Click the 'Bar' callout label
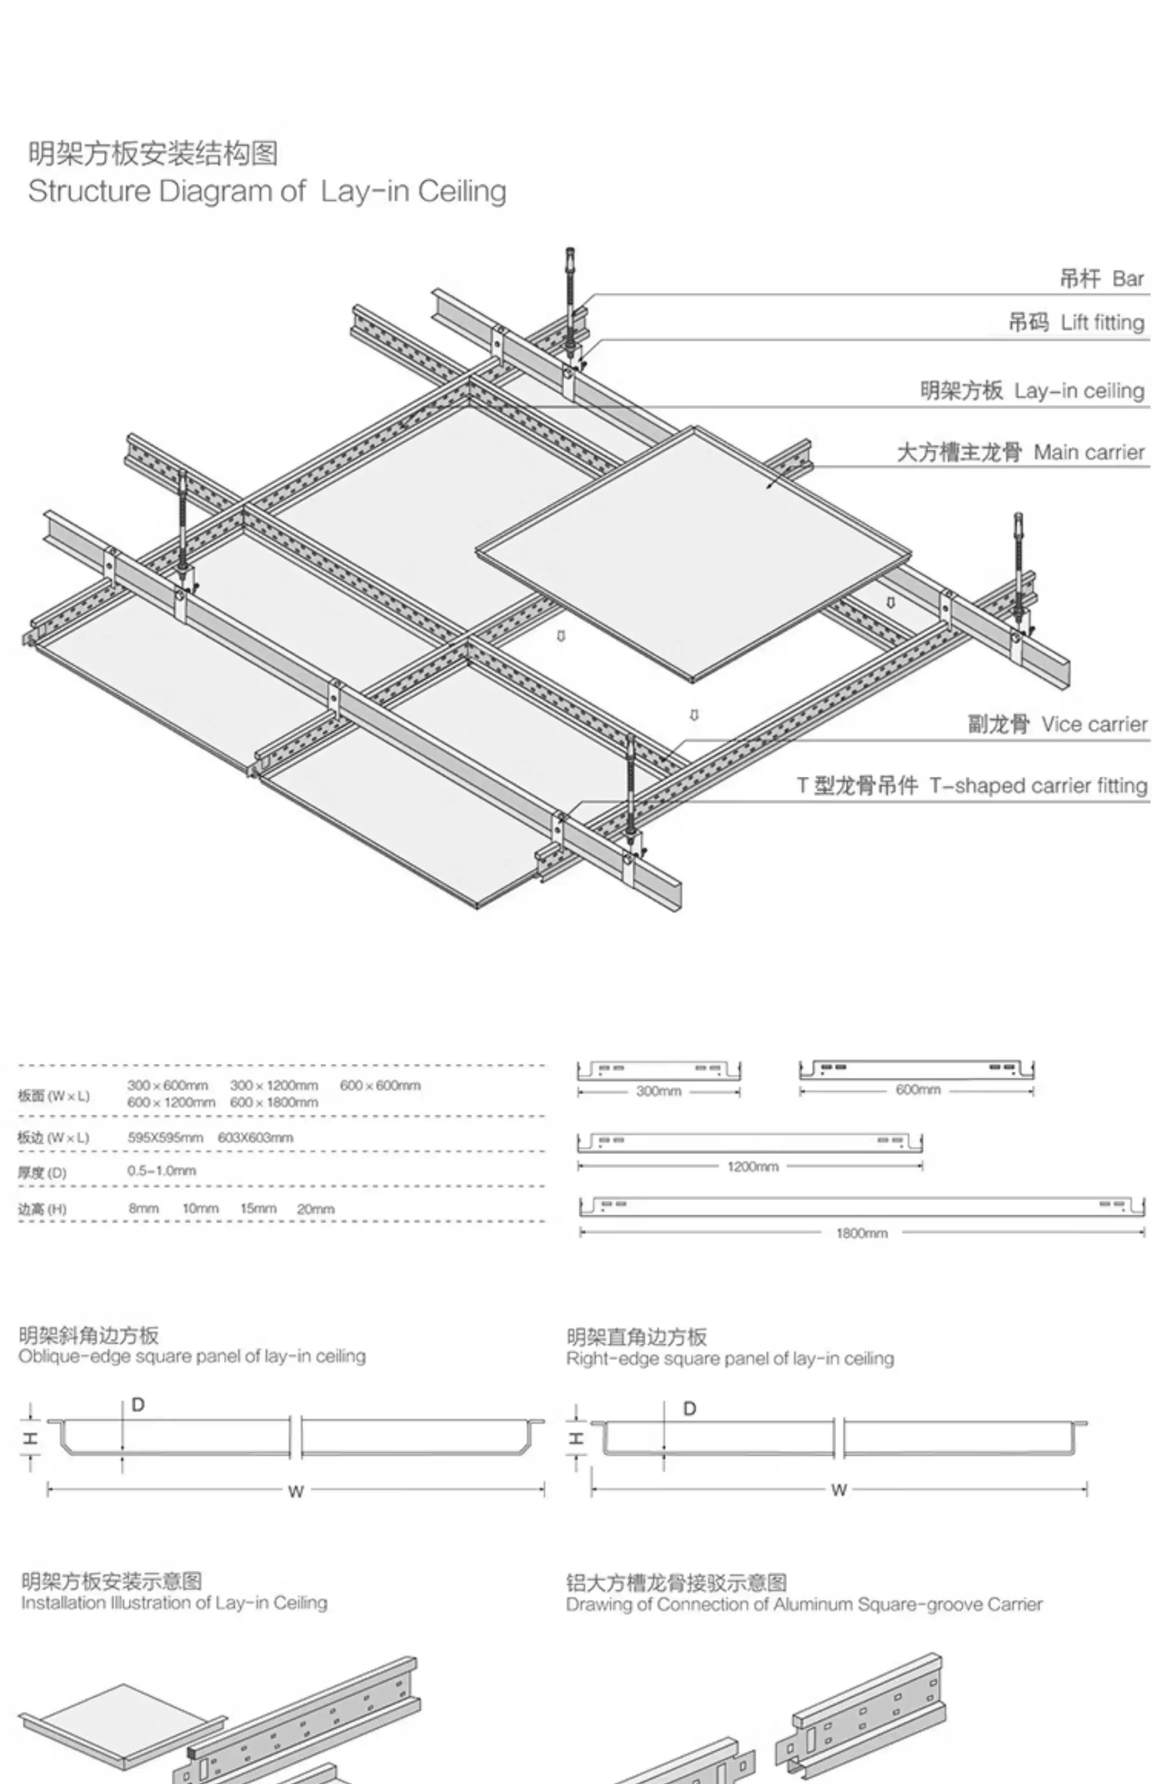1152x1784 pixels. pyautogui.click(x=1127, y=279)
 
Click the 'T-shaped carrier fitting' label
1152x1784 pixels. pyautogui.click(x=1038, y=786)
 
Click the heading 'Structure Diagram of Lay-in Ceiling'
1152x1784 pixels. pyautogui.click(x=267, y=191)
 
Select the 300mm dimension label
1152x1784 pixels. pyautogui.click(x=658, y=1091)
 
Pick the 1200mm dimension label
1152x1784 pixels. pyautogui.click(x=753, y=1166)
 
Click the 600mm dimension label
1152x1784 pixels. pyautogui.click(x=918, y=1090)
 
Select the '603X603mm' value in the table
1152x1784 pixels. pyautogui.click(x=255, y=1138)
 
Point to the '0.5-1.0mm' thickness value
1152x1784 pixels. pyautogui.click(x=162, y=1171)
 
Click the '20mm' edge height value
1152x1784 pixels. pyautogui.click(x=316, y=1209)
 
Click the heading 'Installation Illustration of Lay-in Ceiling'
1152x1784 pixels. pyautogui.click(x=174, y=1603)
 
